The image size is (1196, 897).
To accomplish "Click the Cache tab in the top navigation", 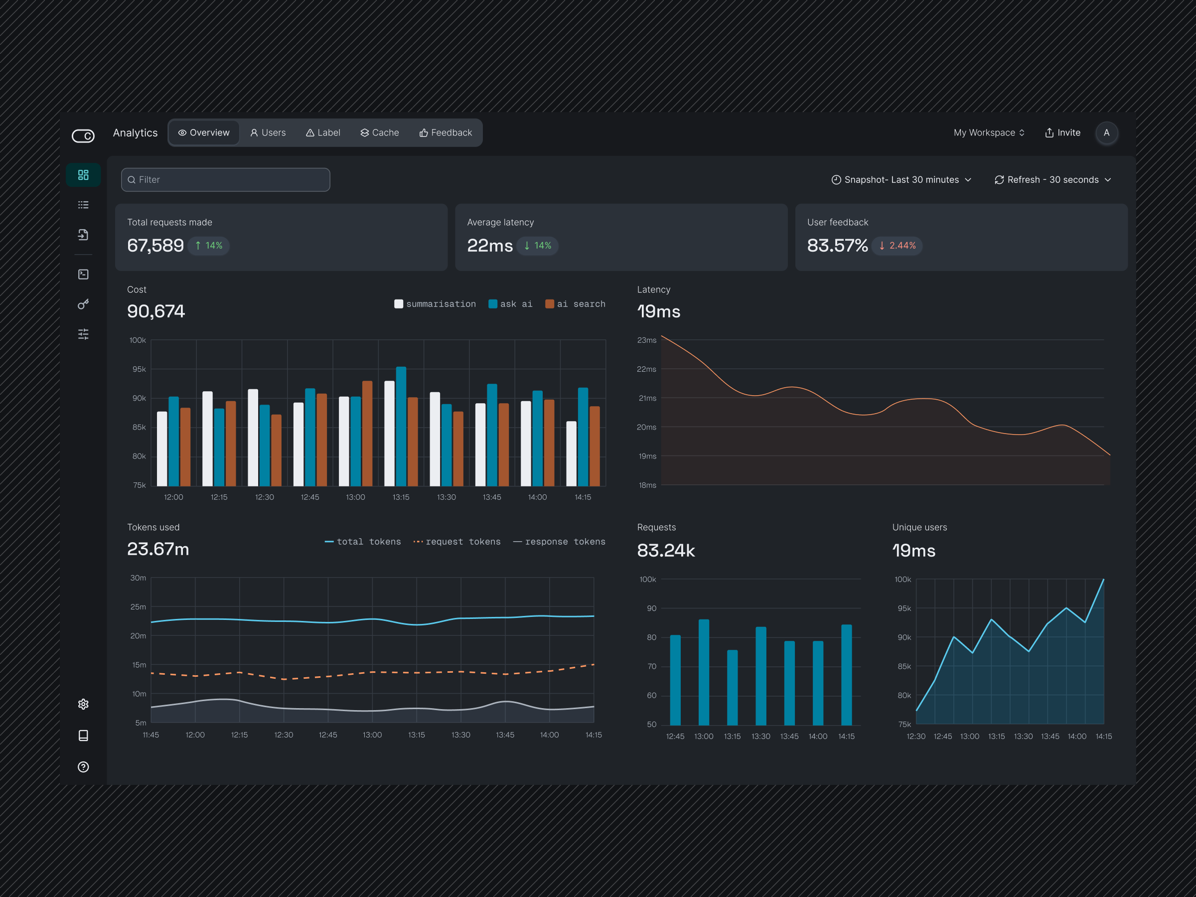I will [380, 133].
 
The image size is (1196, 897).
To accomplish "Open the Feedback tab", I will [446, 133].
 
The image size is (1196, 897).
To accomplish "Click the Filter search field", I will [225, 179].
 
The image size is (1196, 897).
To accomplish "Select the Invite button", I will [1062, 133].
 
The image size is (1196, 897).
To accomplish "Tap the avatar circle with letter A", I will [1106, 133].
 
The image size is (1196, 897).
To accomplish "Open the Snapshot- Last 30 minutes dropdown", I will [901, 179].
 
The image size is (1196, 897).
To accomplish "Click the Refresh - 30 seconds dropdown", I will [1052, 179].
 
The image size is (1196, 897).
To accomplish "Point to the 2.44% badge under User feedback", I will [897, 246].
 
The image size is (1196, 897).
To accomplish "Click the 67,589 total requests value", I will [155, 246].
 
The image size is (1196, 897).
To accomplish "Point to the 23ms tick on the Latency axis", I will [647, 340].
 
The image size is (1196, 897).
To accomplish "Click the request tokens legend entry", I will [457, 542].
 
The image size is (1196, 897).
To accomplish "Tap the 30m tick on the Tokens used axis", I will [138, 578].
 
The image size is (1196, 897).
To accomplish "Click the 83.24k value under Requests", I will [666, 551].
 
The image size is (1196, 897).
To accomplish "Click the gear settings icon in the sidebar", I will [83, 704].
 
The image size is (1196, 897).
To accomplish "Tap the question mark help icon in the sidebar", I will [83, 767].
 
